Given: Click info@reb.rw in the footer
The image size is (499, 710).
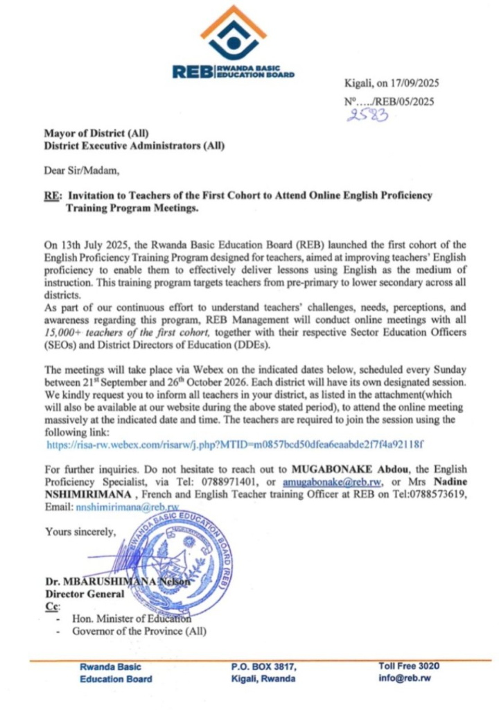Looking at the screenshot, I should point(405,679).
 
